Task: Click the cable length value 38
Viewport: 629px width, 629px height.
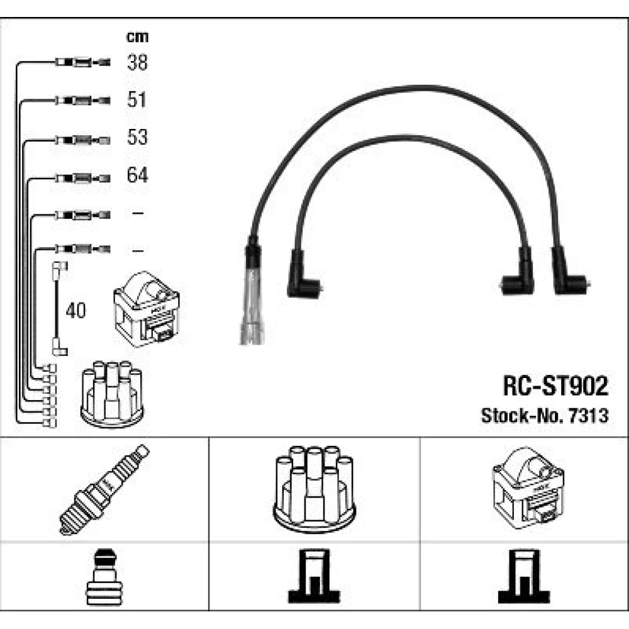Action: [137, 62]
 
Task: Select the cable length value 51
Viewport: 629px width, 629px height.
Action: [136, 99]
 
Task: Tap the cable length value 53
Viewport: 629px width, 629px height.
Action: [137, 136]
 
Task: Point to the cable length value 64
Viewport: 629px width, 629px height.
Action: [137, 174]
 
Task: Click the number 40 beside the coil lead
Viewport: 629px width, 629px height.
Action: [76, 311]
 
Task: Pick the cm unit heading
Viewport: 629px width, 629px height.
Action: [137, 37]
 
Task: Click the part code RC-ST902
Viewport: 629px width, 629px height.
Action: [555, 386]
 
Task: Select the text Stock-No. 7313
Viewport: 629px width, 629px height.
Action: [545, 416]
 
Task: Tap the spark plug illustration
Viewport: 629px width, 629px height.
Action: [104, 490]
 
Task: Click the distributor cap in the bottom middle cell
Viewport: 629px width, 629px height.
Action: [314, 489]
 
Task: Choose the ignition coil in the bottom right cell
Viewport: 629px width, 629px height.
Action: [528, 488]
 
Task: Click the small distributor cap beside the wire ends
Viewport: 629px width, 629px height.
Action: [112, 394]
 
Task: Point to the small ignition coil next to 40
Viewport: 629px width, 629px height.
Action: [147, 309]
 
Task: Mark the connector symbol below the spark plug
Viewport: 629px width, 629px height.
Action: [104, 577]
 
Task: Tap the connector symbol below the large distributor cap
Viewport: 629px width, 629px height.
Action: [314, 576]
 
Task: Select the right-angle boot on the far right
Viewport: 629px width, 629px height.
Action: [570, 273]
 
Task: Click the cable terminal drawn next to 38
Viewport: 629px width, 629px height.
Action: [82, 62]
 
